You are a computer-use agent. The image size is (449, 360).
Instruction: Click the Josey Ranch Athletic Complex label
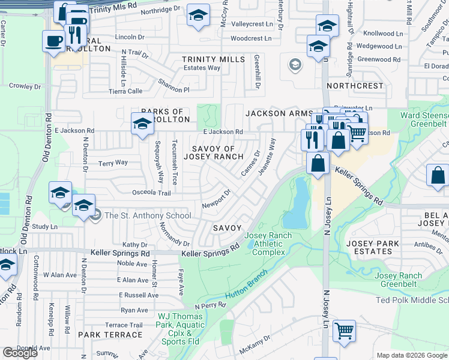click(x=268, y=244)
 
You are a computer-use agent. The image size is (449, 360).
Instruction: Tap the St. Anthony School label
click(x=148, y=216)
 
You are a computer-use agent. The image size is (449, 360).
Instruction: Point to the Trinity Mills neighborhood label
click(x=214, y=59)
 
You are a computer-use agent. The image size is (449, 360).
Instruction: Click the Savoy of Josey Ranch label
click(x=213, y=152)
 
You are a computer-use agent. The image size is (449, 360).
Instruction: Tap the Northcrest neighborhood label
click(x=355, y=86)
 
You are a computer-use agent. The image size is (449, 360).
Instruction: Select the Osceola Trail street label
click(x=152, y=193)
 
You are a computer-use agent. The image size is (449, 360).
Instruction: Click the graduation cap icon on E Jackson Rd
click(x=142, y=124)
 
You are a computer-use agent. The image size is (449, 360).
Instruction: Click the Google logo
click(x=20, y=353)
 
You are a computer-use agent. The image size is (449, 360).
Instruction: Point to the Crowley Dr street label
click(x=25, y=86)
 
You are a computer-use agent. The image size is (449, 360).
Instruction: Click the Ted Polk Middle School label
click(x=412, y=300)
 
